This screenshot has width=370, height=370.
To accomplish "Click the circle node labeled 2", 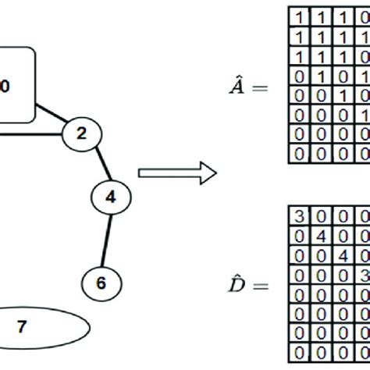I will coord(81,133).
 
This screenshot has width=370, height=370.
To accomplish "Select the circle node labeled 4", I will coord(110,197).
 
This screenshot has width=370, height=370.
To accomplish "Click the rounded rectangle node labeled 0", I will coord(12,85).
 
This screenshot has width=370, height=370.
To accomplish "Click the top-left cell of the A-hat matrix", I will coord(300,16).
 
